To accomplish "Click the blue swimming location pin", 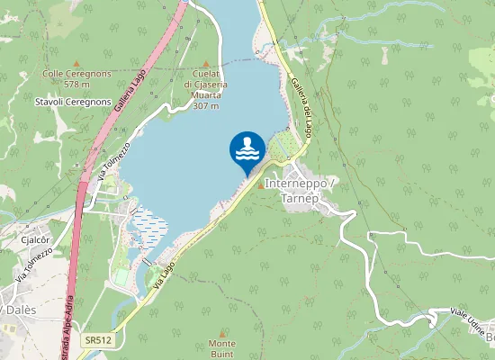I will click(247, 151).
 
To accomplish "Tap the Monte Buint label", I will click(221, 348).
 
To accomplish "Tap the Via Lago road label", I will click(162, 275).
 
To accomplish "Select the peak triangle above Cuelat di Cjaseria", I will click(205, 64).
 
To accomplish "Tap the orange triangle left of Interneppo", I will click(262, 185).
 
